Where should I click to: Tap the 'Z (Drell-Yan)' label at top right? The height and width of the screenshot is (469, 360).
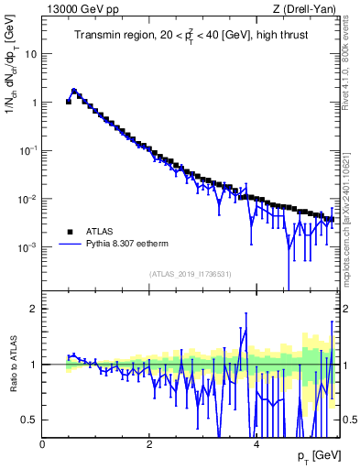pos(305,9)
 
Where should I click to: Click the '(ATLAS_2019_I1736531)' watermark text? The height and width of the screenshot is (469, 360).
pos(190,274)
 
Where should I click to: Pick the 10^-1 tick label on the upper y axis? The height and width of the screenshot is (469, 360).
pos(27,150)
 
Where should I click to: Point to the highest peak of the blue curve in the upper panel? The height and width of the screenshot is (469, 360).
pos(74,91)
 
